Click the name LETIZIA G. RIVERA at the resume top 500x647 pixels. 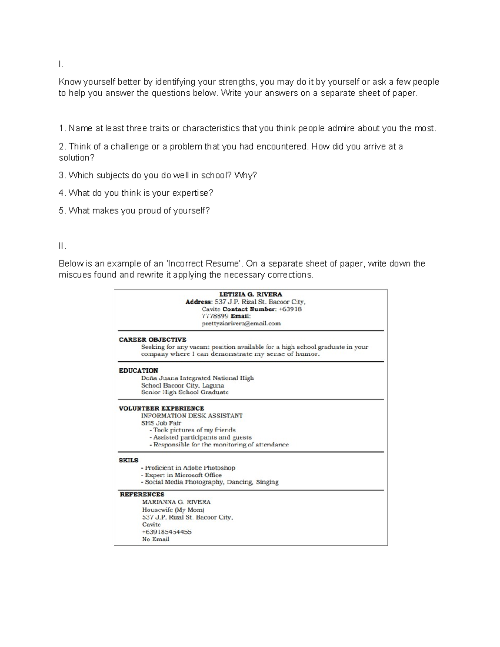[x=250, y=294]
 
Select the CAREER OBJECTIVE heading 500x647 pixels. [x=152, y=340]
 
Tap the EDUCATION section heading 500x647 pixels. [x=138, y=370]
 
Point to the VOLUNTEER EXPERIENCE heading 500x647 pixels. [x=161, y=408]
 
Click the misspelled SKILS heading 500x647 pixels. [x=128, y=460]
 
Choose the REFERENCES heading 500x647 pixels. [x=142, y=495]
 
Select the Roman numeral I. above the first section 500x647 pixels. [x=61, y=64]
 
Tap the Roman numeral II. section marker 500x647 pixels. [x=62, y=246]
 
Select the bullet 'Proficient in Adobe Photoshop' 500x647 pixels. [x=190, y=468]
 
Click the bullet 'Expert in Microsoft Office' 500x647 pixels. [x=183, y=475]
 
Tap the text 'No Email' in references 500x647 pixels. [x=155, y=539]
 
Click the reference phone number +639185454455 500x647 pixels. [x=167, y=532]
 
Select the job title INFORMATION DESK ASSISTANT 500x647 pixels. [x=192, y=415]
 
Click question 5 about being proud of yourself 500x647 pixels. [x=134, y=211]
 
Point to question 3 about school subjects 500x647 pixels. [x=158, y=175]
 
